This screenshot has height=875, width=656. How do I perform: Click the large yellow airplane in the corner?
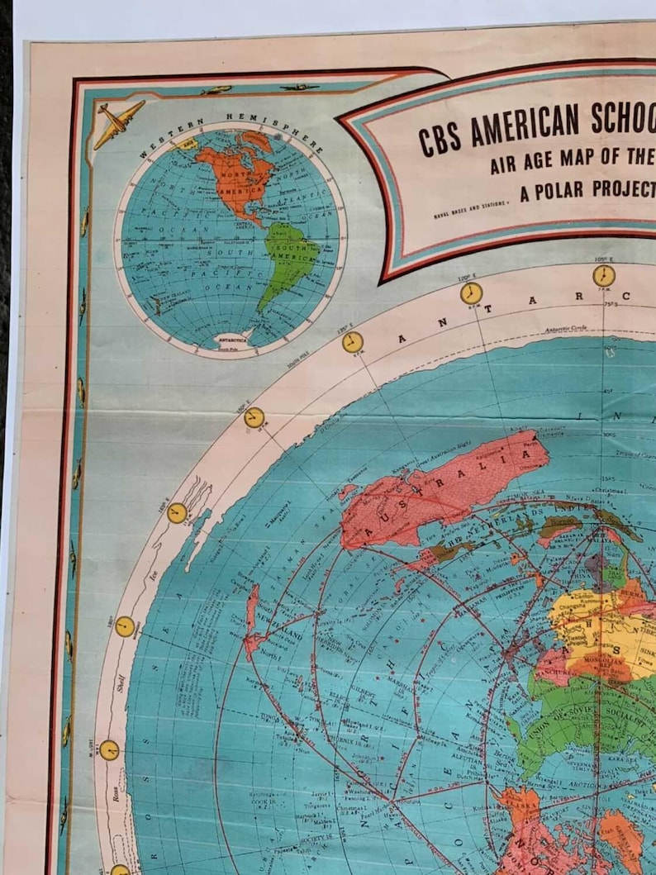tap(118, 122)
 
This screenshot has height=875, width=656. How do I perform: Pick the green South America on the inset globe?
tap(290, 257)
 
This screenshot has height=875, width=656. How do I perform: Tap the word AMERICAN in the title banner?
tap(525, 125)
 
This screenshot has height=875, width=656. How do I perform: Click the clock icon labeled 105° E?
tap(604, 275)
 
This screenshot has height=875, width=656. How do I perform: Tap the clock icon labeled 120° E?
tap(471, 292)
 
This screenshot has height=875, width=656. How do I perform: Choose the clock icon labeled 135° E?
tap(353, 342)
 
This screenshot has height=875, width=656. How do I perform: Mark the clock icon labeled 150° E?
tap(254, 418)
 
